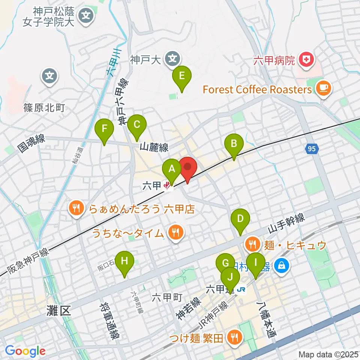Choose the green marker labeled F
coord(105,129)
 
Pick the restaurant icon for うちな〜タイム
coord(175,233)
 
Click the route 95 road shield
coord(312,149)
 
